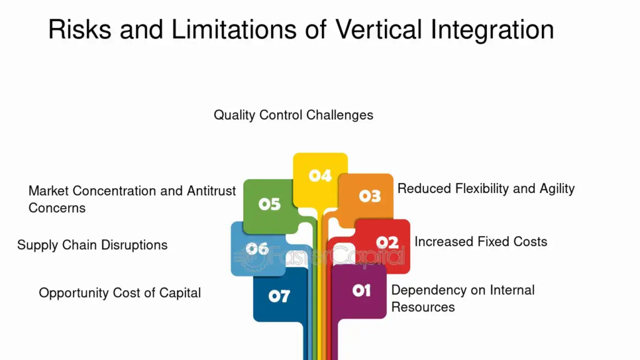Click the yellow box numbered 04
[x=321, y=176]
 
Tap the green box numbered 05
[x=269, y=204]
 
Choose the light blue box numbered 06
[x=256, y=249]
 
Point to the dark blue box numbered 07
[x=280, y=296]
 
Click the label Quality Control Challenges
[x=294, y=115]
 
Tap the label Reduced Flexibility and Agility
[x=486, y=189]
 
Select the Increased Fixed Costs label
[x=481, y=242]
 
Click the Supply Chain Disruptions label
[x=92, y=245]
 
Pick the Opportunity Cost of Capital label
[x=120, y=293]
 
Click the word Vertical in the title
[x=378, y=29]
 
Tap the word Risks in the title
[x=79, y=29]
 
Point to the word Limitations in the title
[x=234, y=29]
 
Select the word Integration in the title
[x=492, y=30]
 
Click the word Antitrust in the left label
[x=211, y=191]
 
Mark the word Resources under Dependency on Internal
[x=423, y=307]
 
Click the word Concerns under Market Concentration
[x=57, y=208]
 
